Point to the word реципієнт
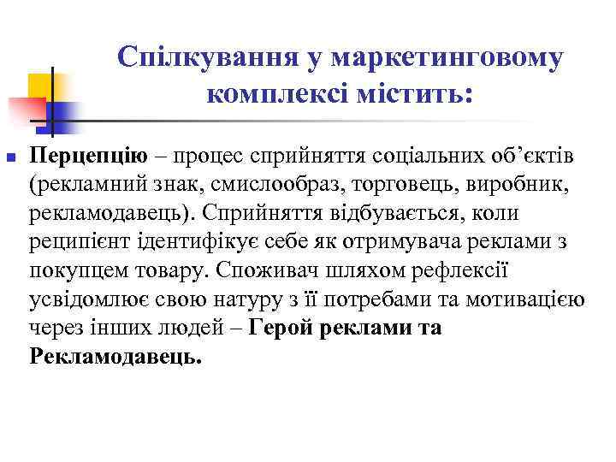[x=79, y=240]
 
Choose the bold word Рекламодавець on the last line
[x=115, y=356]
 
